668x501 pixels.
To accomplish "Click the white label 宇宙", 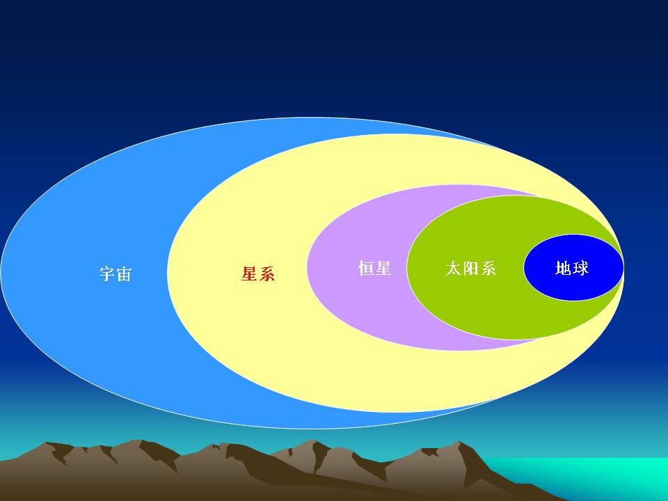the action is point(116,274).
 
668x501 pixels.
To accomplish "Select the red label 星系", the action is point(257,273).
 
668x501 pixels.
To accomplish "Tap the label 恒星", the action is point(375,269).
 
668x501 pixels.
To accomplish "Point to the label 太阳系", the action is point(470,269).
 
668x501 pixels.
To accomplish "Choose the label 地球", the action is point(572,268).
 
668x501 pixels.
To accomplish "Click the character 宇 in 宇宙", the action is point(107,274).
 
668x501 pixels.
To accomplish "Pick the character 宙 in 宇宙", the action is point(124,274).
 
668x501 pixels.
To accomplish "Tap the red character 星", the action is point(249,273).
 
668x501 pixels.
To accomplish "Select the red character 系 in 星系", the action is point(267,273).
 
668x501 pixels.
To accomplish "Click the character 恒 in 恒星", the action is point(367,269).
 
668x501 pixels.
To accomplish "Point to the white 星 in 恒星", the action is point(383,269).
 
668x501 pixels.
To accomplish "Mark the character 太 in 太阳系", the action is point(453,269).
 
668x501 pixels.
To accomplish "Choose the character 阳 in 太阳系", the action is point(470,269).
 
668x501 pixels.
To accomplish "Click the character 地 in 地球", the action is point(564,268).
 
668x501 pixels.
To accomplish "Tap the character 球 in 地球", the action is point(581,268).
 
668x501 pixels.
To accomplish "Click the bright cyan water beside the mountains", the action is point(596,477).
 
